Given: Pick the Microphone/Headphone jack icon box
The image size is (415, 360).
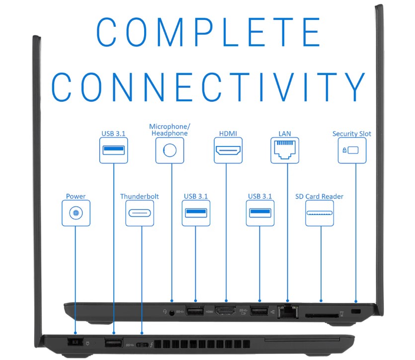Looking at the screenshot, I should tap(169, 150).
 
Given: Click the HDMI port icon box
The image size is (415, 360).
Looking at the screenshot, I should tap(228, 150).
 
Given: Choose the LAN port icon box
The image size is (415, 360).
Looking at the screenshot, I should tap(285, 150).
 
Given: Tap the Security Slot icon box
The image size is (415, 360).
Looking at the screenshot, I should tap(352, 150).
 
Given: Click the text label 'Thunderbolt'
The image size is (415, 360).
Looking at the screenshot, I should tap(140, 197).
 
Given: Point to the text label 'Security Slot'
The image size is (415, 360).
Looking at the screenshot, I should tap(352, 134).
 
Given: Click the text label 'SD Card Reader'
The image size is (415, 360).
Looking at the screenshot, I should tap(319, 197).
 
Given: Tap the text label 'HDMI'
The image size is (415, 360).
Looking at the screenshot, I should tap(228, 134).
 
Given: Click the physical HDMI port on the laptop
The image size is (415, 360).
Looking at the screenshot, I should tap(226, 312).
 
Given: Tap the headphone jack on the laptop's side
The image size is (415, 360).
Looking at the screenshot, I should tap(172, 312).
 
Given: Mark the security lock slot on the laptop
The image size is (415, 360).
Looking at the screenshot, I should tap(356, 311).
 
